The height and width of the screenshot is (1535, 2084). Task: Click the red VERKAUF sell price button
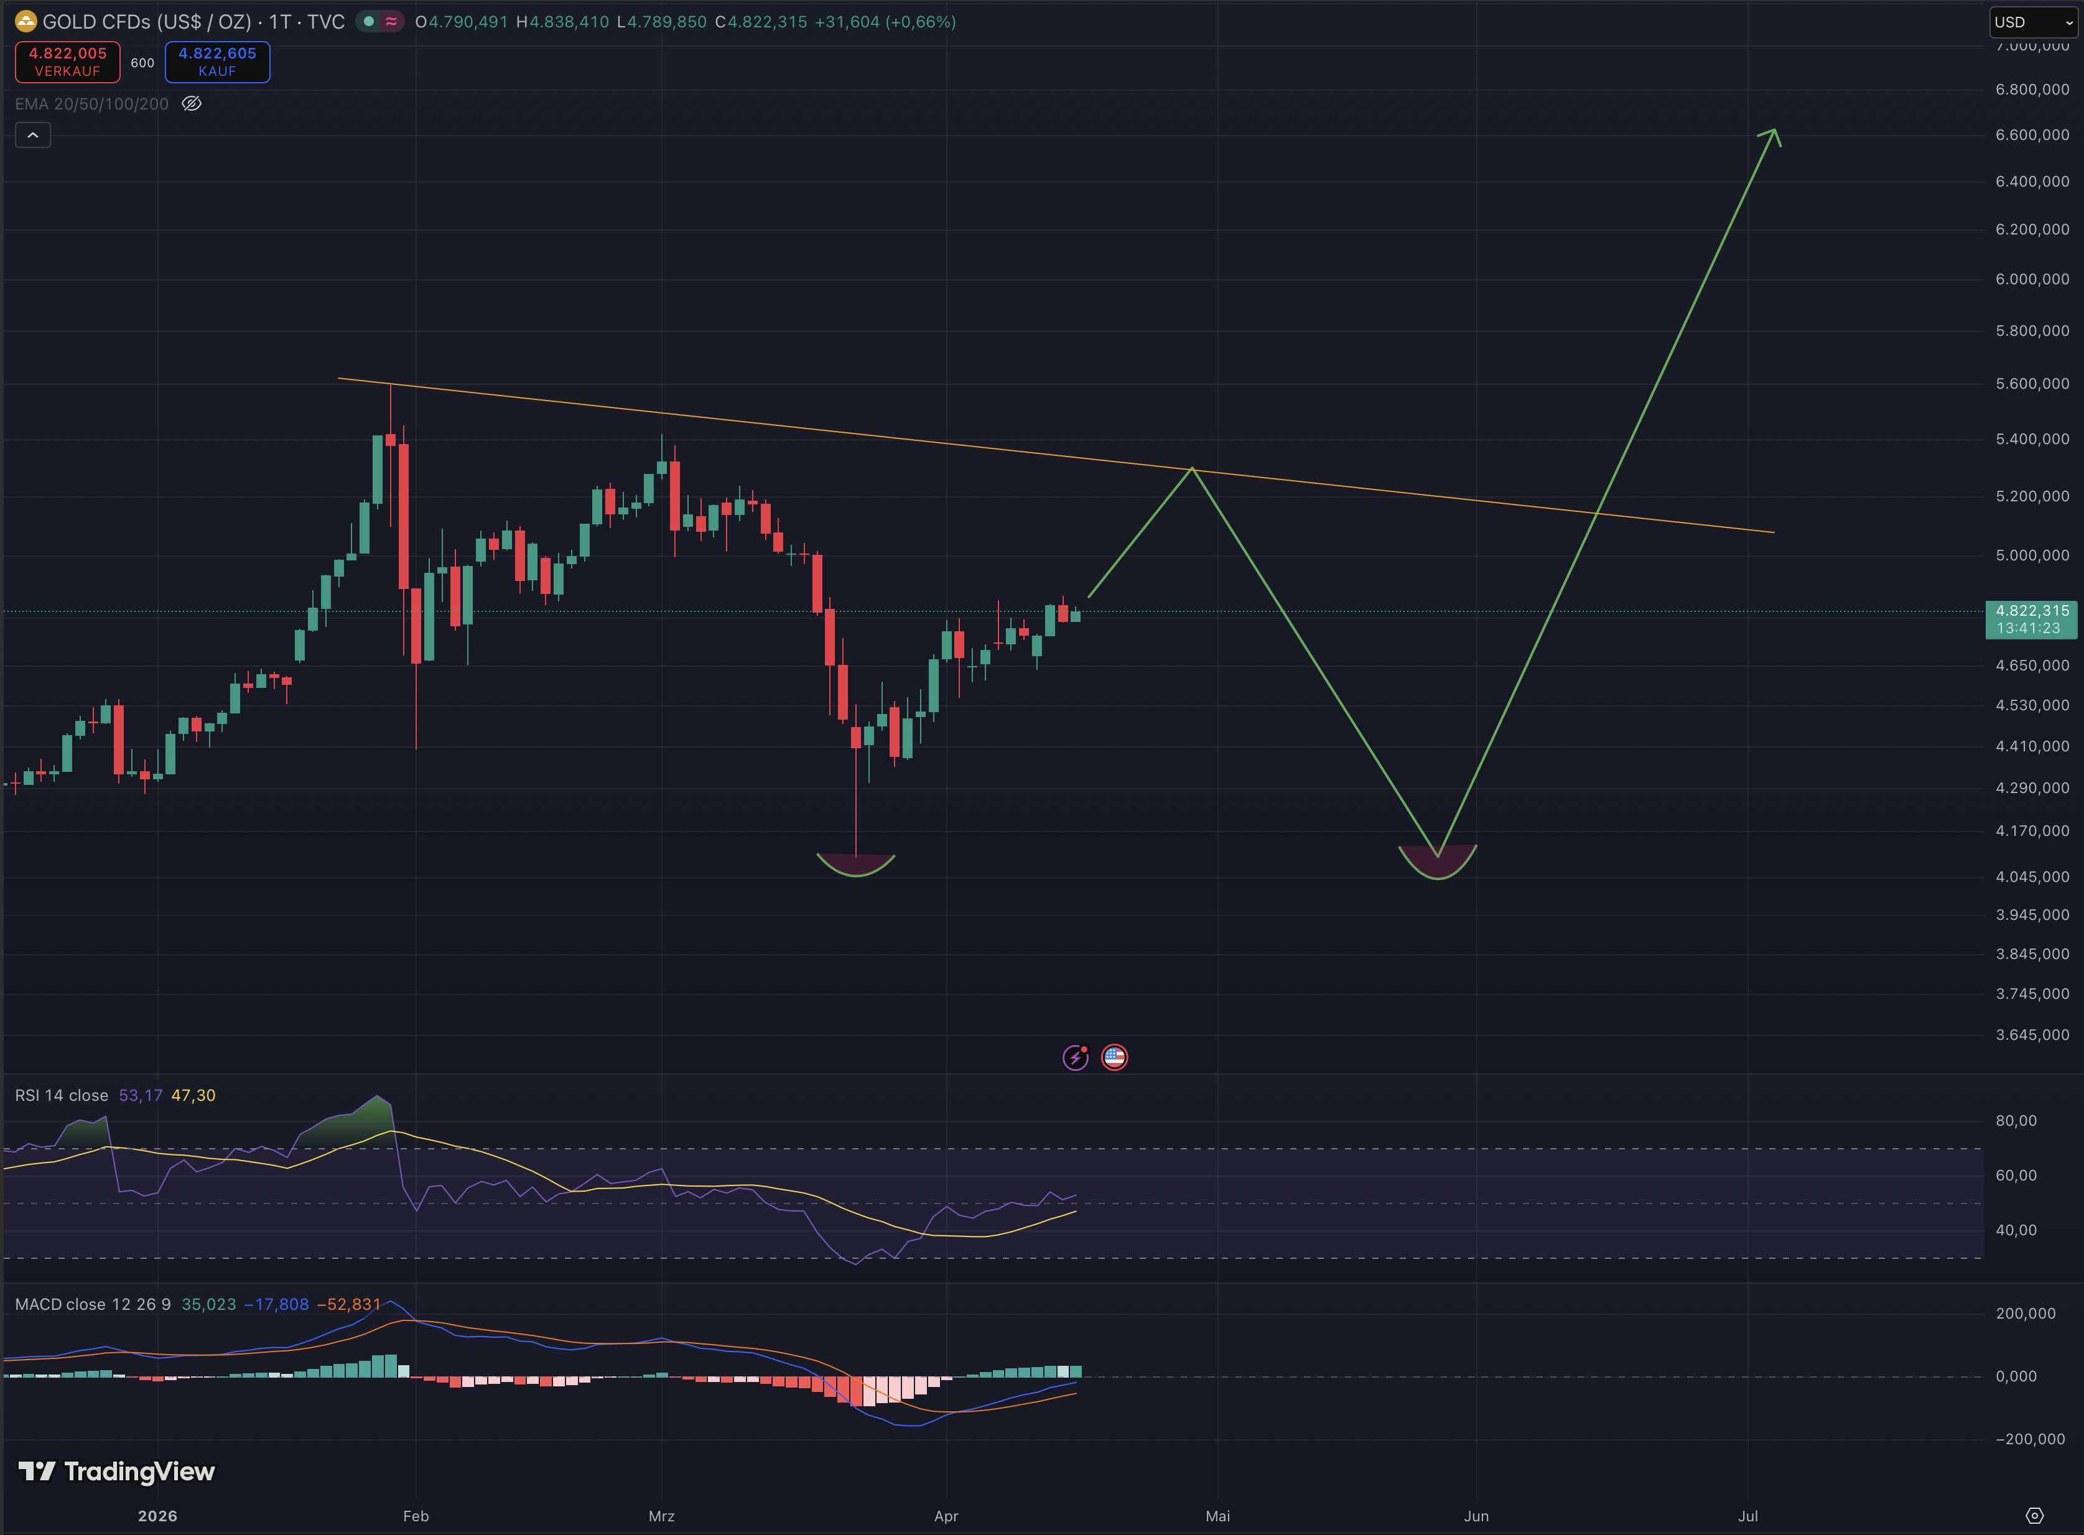[68, 62]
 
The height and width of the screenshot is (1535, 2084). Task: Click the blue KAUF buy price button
[217, 62]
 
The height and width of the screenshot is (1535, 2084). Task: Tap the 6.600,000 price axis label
[2032, 135]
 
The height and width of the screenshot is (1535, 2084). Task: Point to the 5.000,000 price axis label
[2032, 555]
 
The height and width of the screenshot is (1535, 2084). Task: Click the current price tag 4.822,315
[2031, 619]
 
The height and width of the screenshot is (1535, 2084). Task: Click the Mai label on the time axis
[1217, 1516]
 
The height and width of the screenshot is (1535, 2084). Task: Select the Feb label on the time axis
[416, 1516]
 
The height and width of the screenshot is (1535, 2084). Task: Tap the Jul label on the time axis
[1747, 1516]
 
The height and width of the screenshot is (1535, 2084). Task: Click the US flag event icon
[1114, 1057]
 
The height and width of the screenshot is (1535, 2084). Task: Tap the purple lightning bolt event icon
[1075, 1057]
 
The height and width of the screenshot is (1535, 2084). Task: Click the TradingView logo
[117, 1472]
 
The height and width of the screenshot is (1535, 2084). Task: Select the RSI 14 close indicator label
[62, 1095]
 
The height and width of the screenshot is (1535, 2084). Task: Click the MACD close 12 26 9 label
[93, 1305]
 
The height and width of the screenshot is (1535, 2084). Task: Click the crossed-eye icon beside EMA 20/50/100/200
[192, 104]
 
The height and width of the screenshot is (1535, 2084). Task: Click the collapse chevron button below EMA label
[32, 136]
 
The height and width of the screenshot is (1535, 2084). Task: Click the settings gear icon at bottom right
[2034, 1516]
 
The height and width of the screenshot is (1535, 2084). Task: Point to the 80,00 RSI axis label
[2016, 1121]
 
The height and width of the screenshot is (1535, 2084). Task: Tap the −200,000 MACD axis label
[2029, 1439]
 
